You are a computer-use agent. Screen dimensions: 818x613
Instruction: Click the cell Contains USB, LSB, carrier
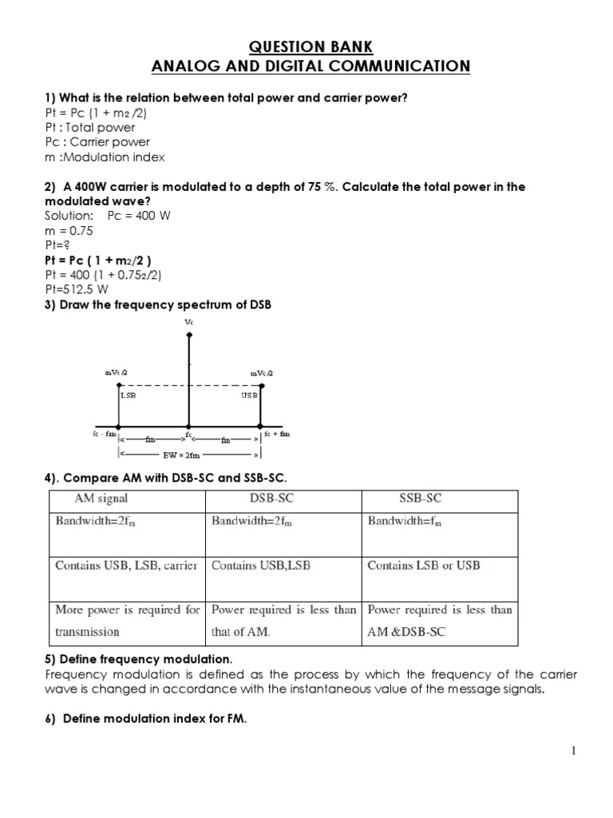point(125,565)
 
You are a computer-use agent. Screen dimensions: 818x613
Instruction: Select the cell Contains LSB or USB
point(423,565)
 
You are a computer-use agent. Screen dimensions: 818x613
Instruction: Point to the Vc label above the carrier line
point(189,322)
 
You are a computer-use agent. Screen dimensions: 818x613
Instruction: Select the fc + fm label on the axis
point(279,434)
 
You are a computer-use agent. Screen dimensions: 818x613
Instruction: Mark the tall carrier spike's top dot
point(188,335)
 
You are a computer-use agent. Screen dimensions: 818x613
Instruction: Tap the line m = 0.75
point(69,230)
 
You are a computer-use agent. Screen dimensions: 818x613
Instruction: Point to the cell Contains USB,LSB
point(260,565)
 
